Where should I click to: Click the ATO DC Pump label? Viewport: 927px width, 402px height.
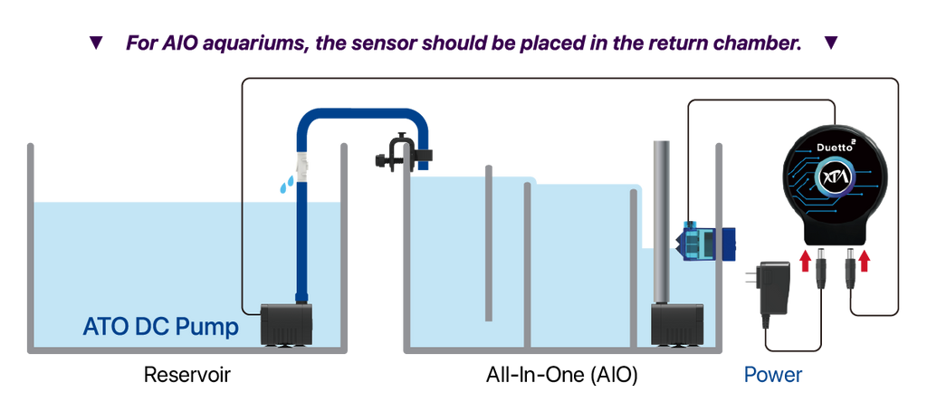[161, 326]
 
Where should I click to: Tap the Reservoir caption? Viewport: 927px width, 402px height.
[186, 375]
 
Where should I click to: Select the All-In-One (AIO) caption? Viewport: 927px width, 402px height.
[561, 376]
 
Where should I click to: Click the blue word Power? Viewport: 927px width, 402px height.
[773, 375]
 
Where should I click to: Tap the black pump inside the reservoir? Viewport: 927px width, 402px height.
[287, 324]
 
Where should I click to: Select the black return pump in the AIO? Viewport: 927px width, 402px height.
[677, 325]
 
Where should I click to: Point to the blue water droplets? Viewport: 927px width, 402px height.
[286, 183]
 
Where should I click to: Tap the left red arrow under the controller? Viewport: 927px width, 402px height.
[805, 260]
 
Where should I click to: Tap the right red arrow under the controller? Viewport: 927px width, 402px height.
[865, 260]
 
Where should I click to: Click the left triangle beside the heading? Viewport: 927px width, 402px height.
[96, 43]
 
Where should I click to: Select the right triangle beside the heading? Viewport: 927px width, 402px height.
[831, 43]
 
